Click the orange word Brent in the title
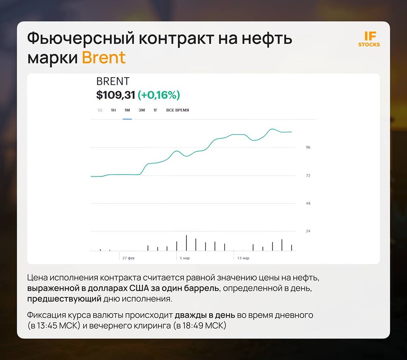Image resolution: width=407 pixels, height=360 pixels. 104,58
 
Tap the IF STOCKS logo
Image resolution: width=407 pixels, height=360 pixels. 369,39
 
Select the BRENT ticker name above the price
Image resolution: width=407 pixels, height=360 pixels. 113,81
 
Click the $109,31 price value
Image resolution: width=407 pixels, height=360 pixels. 116,95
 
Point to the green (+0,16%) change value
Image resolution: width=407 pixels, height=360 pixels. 159,95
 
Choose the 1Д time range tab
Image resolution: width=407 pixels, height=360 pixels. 100,110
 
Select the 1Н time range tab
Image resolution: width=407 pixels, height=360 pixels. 114,110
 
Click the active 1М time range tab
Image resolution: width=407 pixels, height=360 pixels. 127,110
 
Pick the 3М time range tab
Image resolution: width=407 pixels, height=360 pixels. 142,110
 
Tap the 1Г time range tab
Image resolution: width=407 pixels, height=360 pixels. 155,110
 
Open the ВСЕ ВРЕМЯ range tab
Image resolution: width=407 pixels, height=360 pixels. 177,110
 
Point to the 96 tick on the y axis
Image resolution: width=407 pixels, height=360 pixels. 308,148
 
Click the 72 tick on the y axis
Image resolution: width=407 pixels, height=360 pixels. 308,176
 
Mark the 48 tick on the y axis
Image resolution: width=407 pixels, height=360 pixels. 308,203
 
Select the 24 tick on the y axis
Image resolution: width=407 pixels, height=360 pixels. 308,231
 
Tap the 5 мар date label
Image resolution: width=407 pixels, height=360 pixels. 185,258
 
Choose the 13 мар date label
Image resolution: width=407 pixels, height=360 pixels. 243,258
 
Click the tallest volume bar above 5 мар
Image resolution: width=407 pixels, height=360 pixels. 186,243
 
